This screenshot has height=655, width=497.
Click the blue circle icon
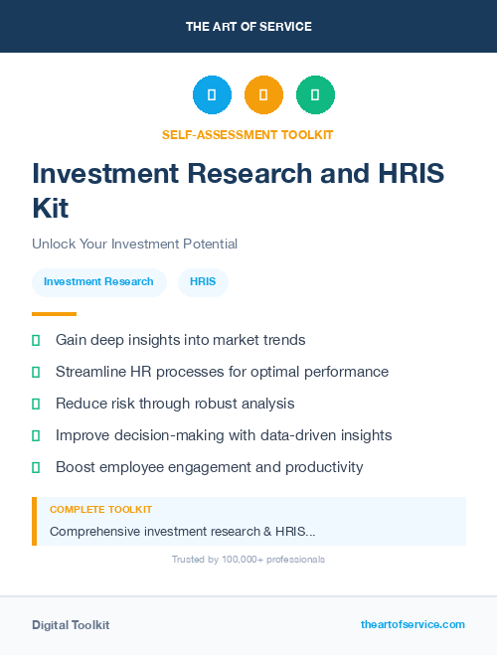[x=212, y=95]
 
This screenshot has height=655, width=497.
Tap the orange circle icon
[x=263, y=95]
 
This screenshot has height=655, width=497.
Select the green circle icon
[x=315, y=95]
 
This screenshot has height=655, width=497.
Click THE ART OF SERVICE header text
[x=248, y=27]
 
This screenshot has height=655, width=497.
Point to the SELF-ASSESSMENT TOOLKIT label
[x=248, y=134]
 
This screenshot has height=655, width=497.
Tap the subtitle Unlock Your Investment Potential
[x=134, y=244]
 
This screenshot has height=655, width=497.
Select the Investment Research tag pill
[x=98, y=281]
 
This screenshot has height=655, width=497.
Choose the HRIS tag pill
[x=203, y=281]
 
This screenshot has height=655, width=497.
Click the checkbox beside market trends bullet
[x=36, y=340]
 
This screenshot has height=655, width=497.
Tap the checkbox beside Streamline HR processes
[x=36, y=372]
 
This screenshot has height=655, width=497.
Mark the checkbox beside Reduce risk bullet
[x=36, y=404]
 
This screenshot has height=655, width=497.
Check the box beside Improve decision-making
[x=36, y=435]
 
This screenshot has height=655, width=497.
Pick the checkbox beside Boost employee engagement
[x=36, y=467]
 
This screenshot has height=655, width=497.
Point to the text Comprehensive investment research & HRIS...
[x=182, y=531]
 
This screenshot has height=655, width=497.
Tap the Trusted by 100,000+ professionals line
[x=248, y=560]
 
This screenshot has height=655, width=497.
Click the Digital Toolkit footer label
[x=71, y=624]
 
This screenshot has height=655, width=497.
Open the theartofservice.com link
[x=413, y=624]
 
